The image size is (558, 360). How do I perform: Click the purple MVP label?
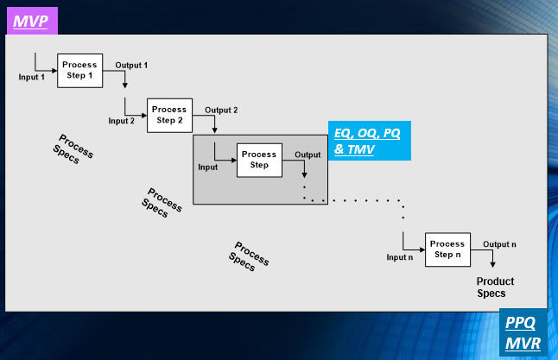tap(32, 19)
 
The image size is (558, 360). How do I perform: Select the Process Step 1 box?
tap(80, 70)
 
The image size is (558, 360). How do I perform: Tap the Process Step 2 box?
tap(169, 115)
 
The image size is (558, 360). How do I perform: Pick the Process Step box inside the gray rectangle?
tap(259, 160)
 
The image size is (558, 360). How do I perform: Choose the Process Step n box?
tap(447, 249)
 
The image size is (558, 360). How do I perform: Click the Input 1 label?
tap(32, 77)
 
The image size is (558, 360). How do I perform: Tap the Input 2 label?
tap(122, 121)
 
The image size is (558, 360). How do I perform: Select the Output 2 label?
tap(221, 110)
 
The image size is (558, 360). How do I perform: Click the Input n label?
tap(399, 257)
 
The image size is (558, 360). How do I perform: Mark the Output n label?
tap(499, 244)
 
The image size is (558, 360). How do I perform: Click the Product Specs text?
tap(496, 287)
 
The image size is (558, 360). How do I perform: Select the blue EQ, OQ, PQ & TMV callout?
tap(371, 141)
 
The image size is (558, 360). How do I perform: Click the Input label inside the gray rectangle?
tap(208, 167)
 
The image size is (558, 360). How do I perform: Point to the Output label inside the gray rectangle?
tap(308, 155)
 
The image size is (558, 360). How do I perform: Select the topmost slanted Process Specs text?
tap(73, 148)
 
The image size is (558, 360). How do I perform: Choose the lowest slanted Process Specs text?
tap(249, 256)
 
